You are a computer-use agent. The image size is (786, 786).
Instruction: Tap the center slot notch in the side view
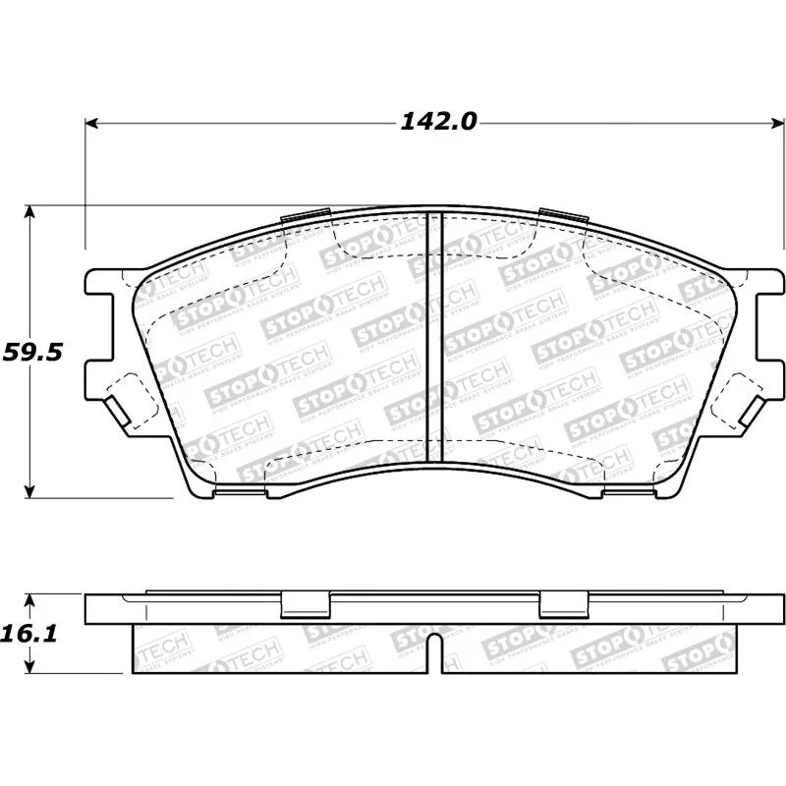[435, 653]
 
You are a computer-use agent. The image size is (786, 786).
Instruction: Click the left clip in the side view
[305, 604]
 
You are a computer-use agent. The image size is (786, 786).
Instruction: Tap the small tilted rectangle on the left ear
[117, 408]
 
